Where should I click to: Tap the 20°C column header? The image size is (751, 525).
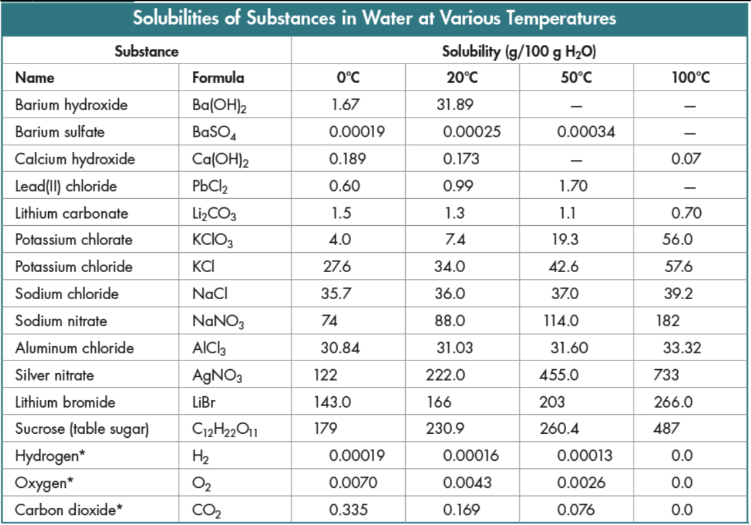462,78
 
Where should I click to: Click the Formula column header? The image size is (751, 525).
218,78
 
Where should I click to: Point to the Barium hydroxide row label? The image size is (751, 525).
71,105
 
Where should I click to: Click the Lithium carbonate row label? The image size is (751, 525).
72,213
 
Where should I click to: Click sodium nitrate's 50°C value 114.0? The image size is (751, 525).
560,321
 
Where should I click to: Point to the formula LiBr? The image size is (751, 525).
205,402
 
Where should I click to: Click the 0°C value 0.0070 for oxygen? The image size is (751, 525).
353,483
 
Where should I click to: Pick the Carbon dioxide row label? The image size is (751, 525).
69,510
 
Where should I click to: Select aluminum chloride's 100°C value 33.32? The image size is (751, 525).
682,348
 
